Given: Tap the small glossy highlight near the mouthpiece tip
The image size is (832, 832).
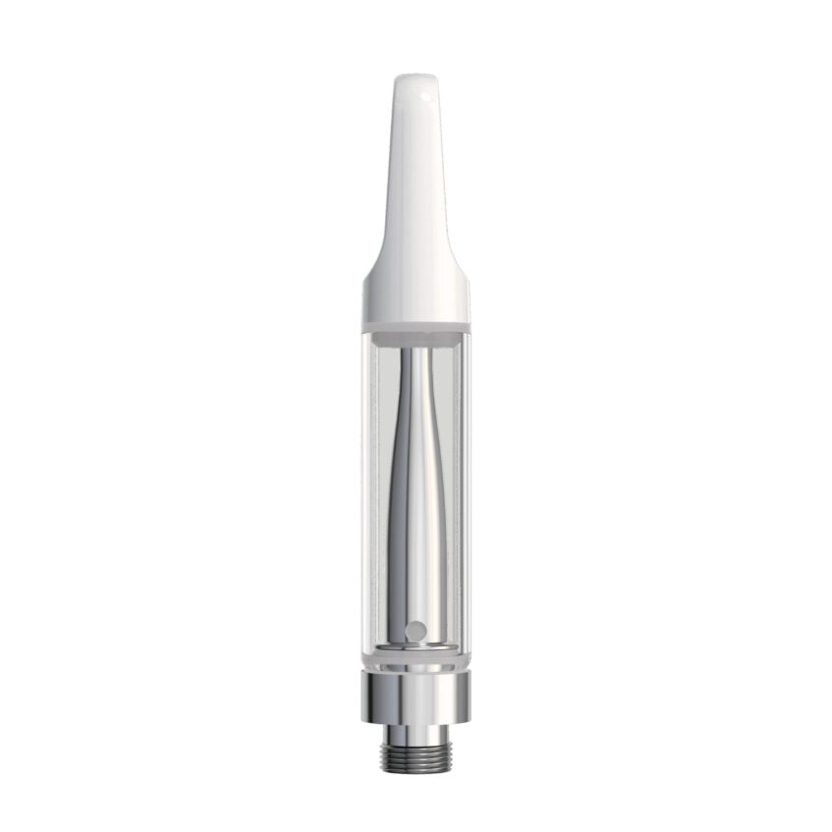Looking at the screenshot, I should click(x=425, y=97).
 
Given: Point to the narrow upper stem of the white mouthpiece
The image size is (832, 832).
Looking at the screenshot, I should click(x=416, y=167).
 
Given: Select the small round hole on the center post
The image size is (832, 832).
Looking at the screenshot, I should click(x=416, y=630).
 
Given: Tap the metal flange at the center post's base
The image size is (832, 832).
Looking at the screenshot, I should click(x=416, y=648).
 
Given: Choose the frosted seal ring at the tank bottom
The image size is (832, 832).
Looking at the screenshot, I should click(x=416, y=663).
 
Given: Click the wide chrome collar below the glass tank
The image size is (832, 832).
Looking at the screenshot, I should click(x=416, y=698).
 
